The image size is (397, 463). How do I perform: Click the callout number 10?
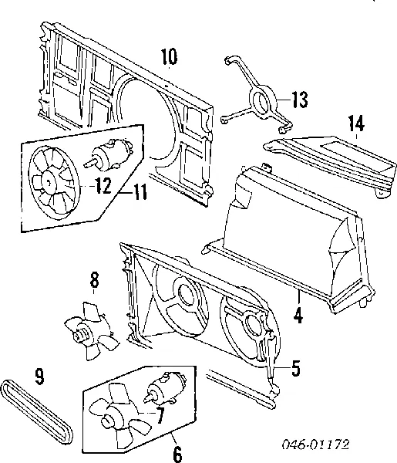169,56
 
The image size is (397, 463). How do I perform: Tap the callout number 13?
299,100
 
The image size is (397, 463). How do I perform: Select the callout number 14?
355,123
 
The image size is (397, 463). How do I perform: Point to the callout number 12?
102,184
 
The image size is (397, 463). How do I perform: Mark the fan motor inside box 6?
166,387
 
